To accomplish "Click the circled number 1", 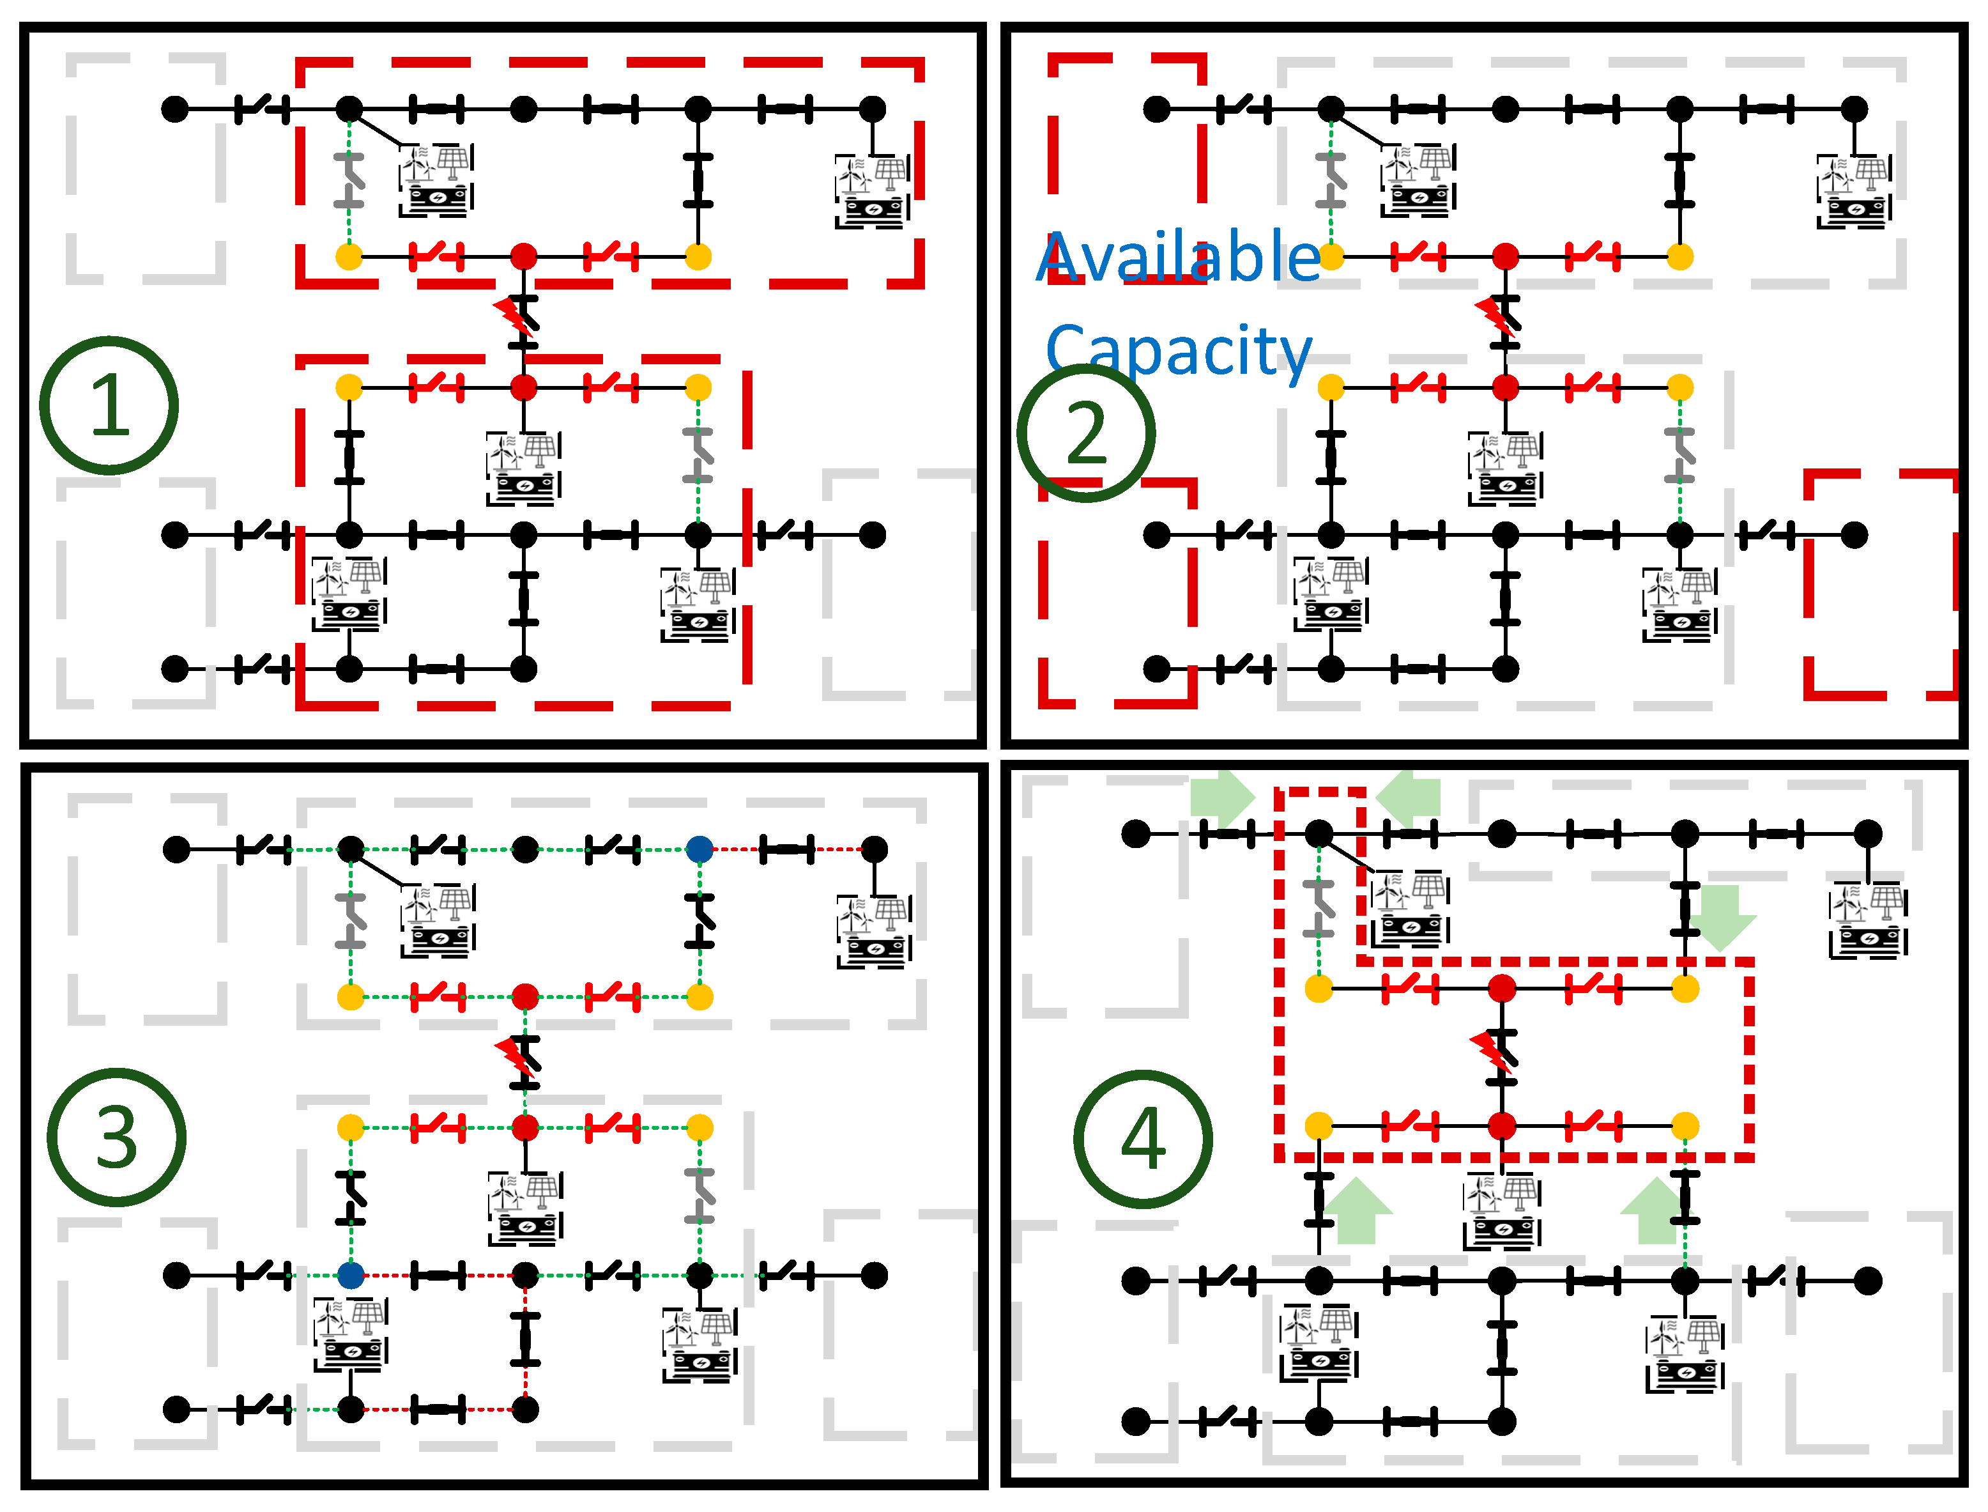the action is [x=109, y=405].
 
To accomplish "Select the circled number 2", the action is [x=1086, y=433].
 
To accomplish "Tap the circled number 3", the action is [x=116, y=1138].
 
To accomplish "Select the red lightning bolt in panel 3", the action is [x=514, y=1058].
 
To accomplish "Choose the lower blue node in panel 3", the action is [x=350, y=1276].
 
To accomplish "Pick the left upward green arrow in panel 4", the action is [x=1357, y=1212].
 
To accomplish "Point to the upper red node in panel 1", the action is [x=524, y=256].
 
